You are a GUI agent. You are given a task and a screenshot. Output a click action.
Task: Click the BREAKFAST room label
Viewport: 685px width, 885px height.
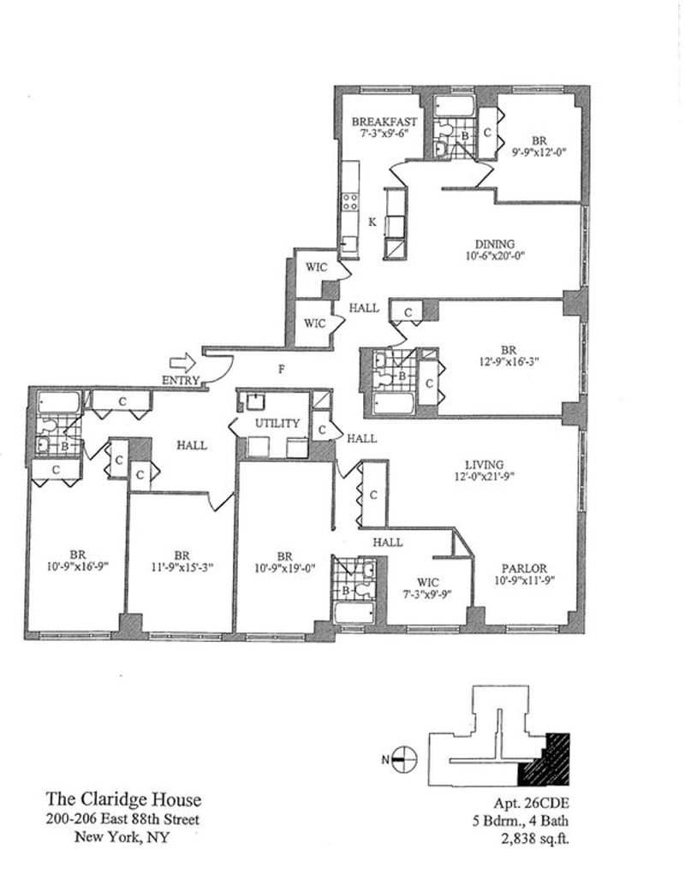[384, 122]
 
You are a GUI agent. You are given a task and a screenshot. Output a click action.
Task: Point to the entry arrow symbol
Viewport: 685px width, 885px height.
[182, 363]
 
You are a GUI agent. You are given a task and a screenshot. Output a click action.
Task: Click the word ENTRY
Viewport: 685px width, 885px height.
[180, 380]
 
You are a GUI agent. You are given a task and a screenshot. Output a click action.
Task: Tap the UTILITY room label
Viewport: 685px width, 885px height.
[277, 423]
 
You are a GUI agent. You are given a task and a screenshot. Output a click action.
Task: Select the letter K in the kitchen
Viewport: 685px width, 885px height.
[372, 222]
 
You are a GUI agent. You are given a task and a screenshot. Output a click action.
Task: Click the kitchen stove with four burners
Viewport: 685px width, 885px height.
[350, 202]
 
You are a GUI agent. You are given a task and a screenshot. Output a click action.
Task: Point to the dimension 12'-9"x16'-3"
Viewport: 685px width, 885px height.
[509, 361]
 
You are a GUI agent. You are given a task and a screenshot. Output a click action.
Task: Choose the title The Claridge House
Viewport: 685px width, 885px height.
[123, 801]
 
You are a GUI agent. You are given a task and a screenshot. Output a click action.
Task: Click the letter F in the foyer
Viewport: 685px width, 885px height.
[281, 370]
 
